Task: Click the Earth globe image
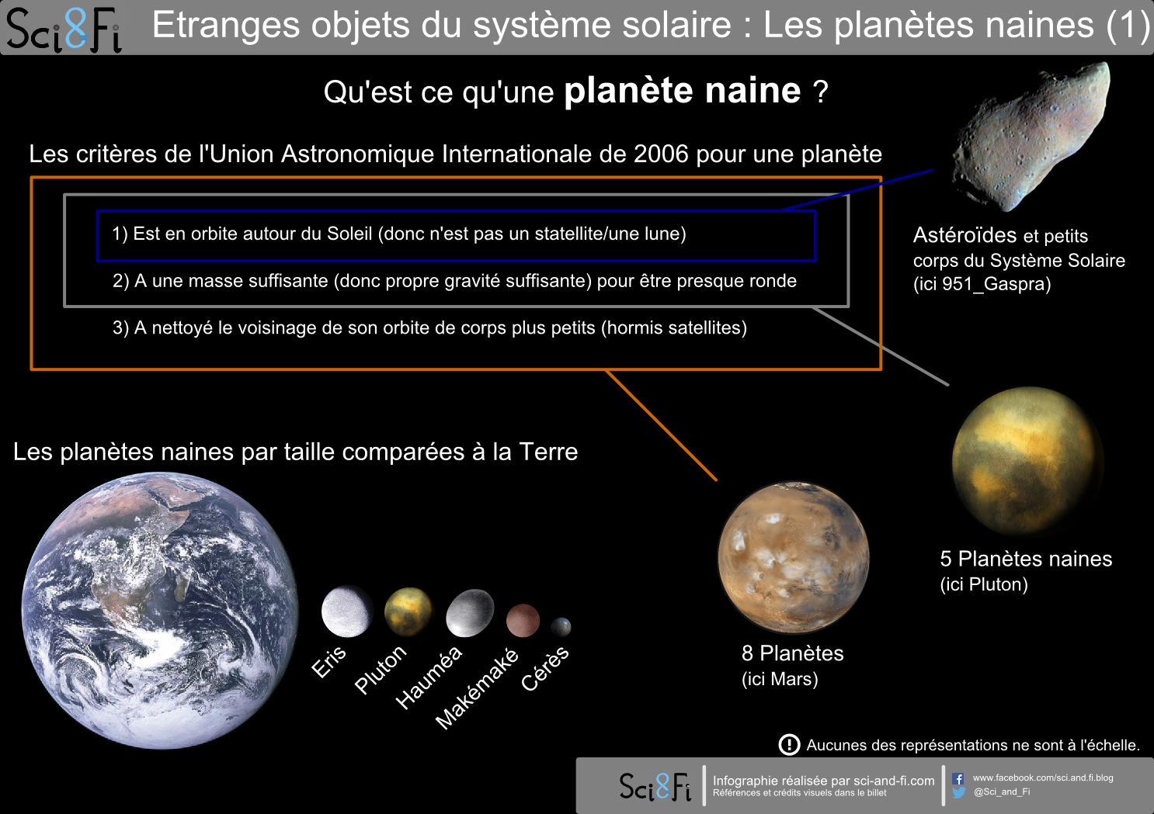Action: click(x=160, y=610)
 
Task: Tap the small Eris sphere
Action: click(x=346, y=611)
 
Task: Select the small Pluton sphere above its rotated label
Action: click(x=408, y=611)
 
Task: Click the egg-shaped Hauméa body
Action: click(x=470, y=613)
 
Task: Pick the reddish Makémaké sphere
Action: click(x=523, y=621)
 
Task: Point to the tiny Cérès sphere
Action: click(x=561, y=626)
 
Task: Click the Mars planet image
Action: click(x=794, y=557)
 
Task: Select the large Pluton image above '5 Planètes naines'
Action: click(x=1027, y=461)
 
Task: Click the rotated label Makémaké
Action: click(x=477, y=689)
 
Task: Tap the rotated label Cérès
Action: click(x=545, y=668)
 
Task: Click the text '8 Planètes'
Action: click(x=792, y=653)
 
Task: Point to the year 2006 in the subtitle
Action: click(x=661, y=154)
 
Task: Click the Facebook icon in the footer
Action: click(x=958, y=778)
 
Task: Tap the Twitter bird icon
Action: click(x=959, y=792)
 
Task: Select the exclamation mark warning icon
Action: click(x=789, y=744)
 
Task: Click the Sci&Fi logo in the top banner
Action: click(x=64, y=29)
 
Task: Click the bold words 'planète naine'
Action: click(x=683, y=91)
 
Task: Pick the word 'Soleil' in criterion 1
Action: click(x=349, y=234)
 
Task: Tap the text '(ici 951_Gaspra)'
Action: click(x=982, y=284)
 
